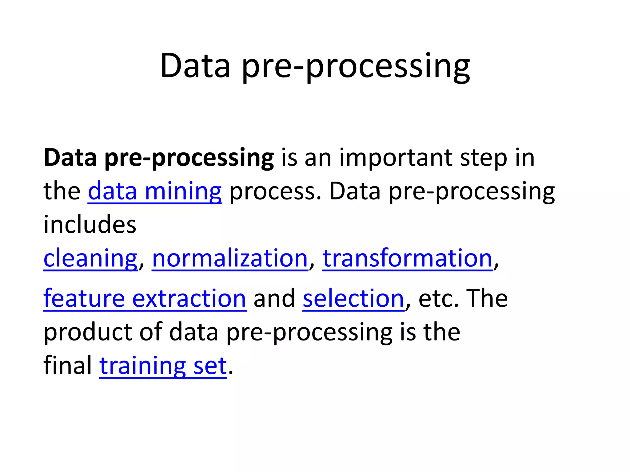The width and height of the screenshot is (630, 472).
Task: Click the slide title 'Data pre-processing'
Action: (315, 66)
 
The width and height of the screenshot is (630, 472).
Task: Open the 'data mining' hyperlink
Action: (155, 191)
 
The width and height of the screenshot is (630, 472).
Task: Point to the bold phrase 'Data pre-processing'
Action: (159, 158)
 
